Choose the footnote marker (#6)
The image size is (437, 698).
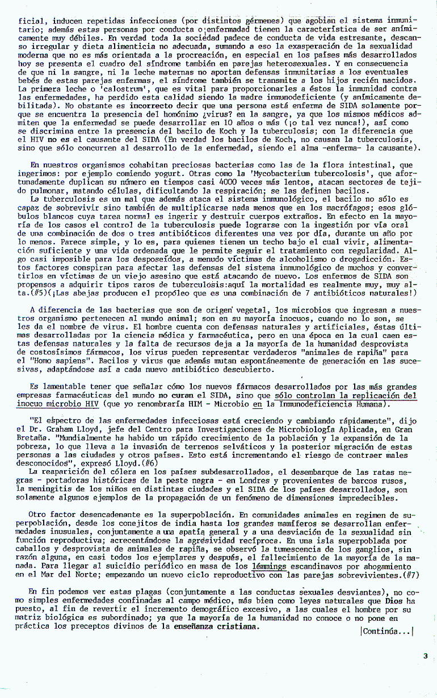click(150, 463)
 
